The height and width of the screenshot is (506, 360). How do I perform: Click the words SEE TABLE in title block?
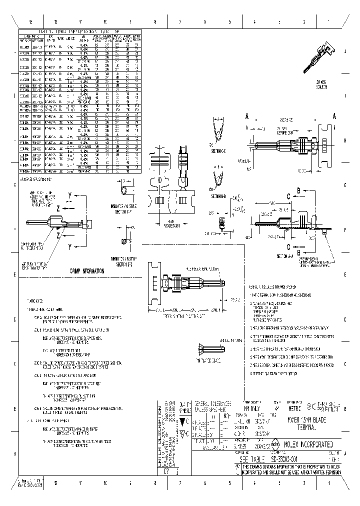(252, 458)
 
